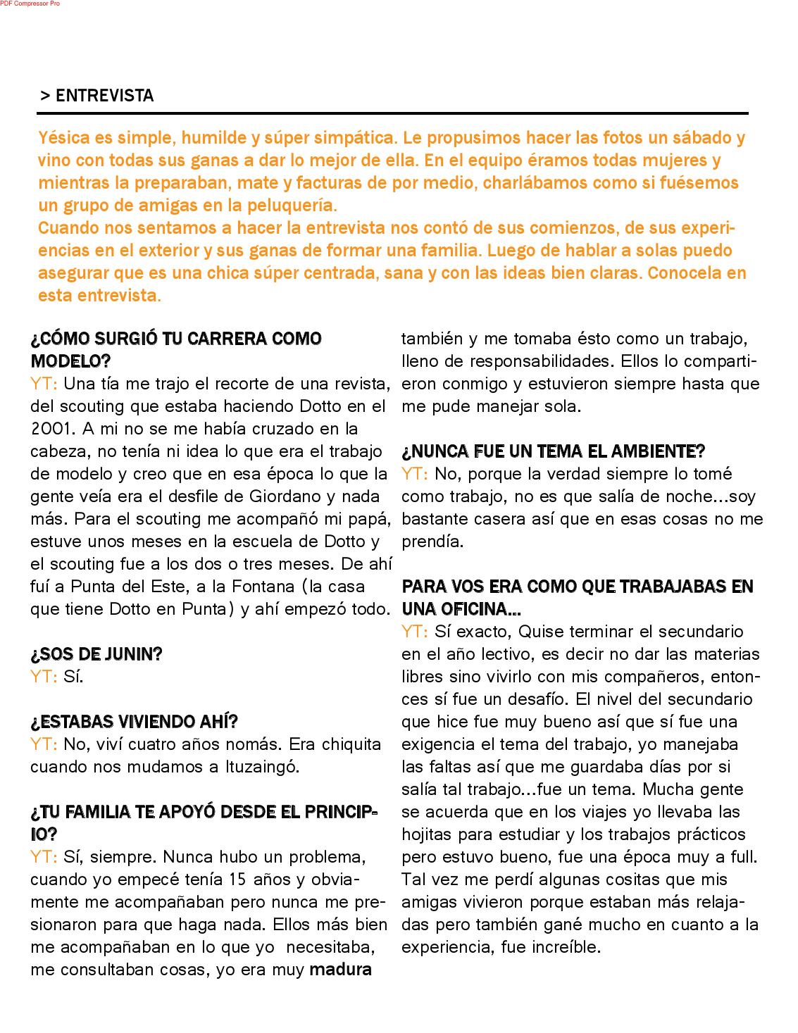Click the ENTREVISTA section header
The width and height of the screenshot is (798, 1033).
click(x=104, y=96)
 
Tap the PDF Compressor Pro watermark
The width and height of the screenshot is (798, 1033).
click(x=30, y=4)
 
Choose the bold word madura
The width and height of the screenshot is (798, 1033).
click(x=340, y=970)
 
